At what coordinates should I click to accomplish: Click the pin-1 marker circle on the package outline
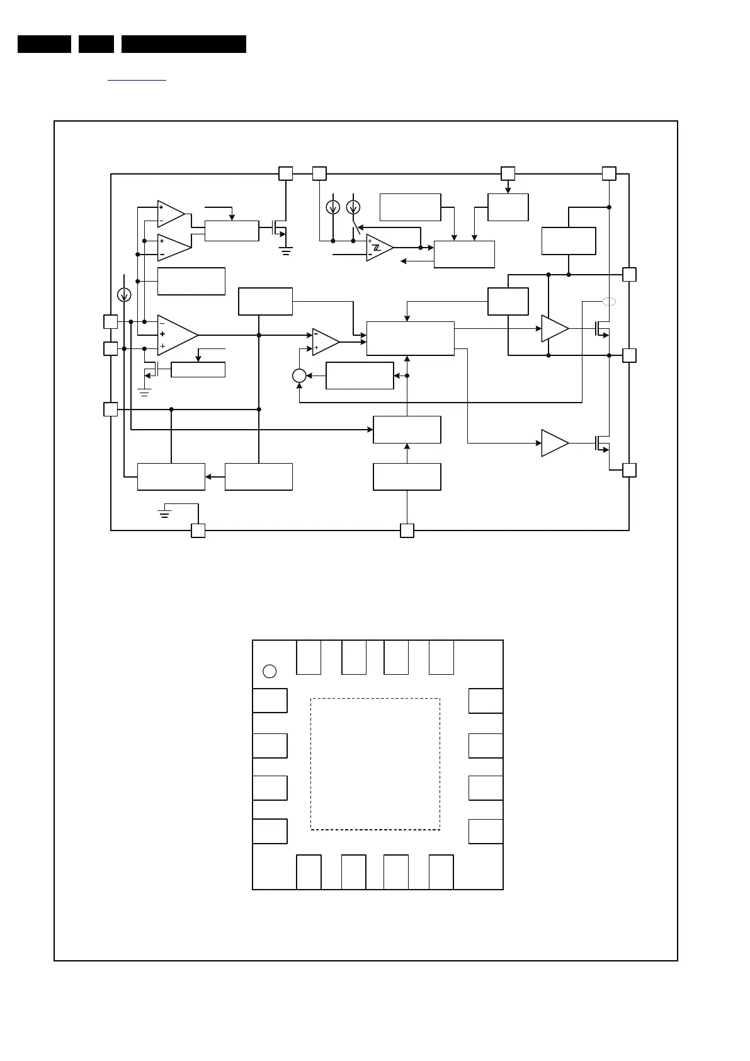(x=270, y=671)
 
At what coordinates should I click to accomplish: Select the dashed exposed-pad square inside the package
(x=375, y=764)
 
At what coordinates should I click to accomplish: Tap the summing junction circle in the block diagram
(x=299, y=376)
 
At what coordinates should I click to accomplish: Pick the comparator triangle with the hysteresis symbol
(x=378, y=248)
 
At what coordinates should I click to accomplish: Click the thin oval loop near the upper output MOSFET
(x=609, y=302)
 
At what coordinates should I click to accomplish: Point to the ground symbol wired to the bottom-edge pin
(x=165, y=512)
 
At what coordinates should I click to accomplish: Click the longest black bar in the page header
(x=183, y=44)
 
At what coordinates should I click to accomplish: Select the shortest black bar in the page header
(x=96, y=44)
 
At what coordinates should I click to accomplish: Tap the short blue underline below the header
(x=137, y=81)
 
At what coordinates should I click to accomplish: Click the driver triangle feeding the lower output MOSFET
(x=554, y=443)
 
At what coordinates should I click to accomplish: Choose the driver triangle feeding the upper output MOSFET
(x=554, y=328)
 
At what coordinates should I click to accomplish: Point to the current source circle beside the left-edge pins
(x=125, y=294)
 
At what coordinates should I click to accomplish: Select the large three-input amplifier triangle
(x=176, y=335)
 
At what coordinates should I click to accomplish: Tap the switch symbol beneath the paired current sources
(x=356, y=228)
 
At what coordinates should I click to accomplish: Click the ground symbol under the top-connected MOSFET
(x=286, y=251)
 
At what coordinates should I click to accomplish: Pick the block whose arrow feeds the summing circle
(x=360, y=376)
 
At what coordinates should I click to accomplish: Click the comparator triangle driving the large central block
(x=324, y=341)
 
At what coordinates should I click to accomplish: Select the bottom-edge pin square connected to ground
(x=198, y=530)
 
